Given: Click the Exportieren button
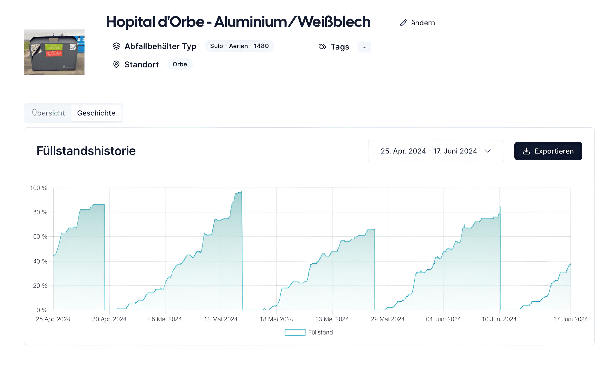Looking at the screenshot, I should pyautogui.click(x=548, y=151).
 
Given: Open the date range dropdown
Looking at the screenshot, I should pyautogui.click(x=436, y=151).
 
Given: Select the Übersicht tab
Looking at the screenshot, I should pyautogui.click(x=48, y=113).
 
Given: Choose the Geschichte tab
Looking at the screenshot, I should pyautogui.click(x=96, y=113).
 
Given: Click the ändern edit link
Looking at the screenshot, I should pyautogui.click(x=417, y=23).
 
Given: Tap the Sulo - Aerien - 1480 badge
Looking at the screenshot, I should pyautogui.click(x=239, y=46).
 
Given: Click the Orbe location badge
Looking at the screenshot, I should pyautogui.click(x=180, y=64).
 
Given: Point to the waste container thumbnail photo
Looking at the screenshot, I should pyautogui.click(x=54, y=52).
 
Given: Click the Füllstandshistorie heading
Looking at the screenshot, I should pyautogui.click(x=86, y=151).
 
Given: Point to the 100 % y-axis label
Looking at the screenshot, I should pyautogui.click(x=39, y=188).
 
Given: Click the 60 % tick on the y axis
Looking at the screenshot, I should pyautogui.click(x=40, y=236).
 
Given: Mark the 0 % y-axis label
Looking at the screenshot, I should pyautogui.click(x=42, y=310).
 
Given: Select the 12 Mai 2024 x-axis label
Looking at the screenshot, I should pyautogui.click(x=221, y=319).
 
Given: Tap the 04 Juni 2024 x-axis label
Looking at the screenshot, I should pyautogui.click(x=443, y=319).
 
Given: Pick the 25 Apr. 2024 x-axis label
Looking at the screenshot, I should pyautogui.click(x=53, y=319).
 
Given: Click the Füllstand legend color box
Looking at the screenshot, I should pyautogui.click(x=295, y=332).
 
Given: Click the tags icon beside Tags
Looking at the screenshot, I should pyautogui.click(x=322, y=47).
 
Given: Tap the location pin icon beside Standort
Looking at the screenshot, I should pyautogui.click(x=116, y=64).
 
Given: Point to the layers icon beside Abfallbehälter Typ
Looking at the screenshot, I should pyautogui.click(x=116, y=46).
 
